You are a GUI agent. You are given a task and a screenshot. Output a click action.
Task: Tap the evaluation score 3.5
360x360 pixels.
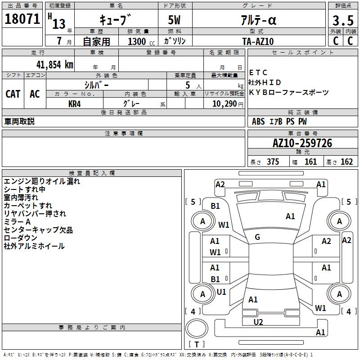(x=342, y=21)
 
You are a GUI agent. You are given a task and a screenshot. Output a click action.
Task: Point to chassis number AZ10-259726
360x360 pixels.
(x=302, y=144)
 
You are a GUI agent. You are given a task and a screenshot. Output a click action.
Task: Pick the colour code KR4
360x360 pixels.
(x=75, y=103)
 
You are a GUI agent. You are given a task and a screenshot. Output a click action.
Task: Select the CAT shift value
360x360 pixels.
(x=13, y=94)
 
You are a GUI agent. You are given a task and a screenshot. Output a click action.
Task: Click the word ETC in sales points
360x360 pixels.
(x=258, y=72)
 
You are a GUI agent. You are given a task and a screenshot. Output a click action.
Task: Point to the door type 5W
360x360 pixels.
(x=175, y=21)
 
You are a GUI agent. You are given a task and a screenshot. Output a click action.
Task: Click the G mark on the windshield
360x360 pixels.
(x=257, y=237)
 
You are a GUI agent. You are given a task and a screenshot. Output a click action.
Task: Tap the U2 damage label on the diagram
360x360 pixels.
(x=258, y=322)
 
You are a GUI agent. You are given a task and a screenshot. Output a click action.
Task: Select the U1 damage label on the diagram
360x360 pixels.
(x=221, y=292)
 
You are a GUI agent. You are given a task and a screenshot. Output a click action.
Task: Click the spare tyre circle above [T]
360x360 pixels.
(x=197, y=329)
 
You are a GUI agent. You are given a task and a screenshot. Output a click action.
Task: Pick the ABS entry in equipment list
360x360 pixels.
(x=258, y=121)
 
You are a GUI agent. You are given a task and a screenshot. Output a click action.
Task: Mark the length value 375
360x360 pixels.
(x=273, y=162)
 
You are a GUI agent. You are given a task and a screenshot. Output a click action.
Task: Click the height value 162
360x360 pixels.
(x=346, y=162)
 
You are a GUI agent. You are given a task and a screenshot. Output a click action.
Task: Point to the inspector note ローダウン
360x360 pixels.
(x=21, y=238)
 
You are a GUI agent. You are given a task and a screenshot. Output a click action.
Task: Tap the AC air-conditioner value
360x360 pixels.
(x=35, y=94)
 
